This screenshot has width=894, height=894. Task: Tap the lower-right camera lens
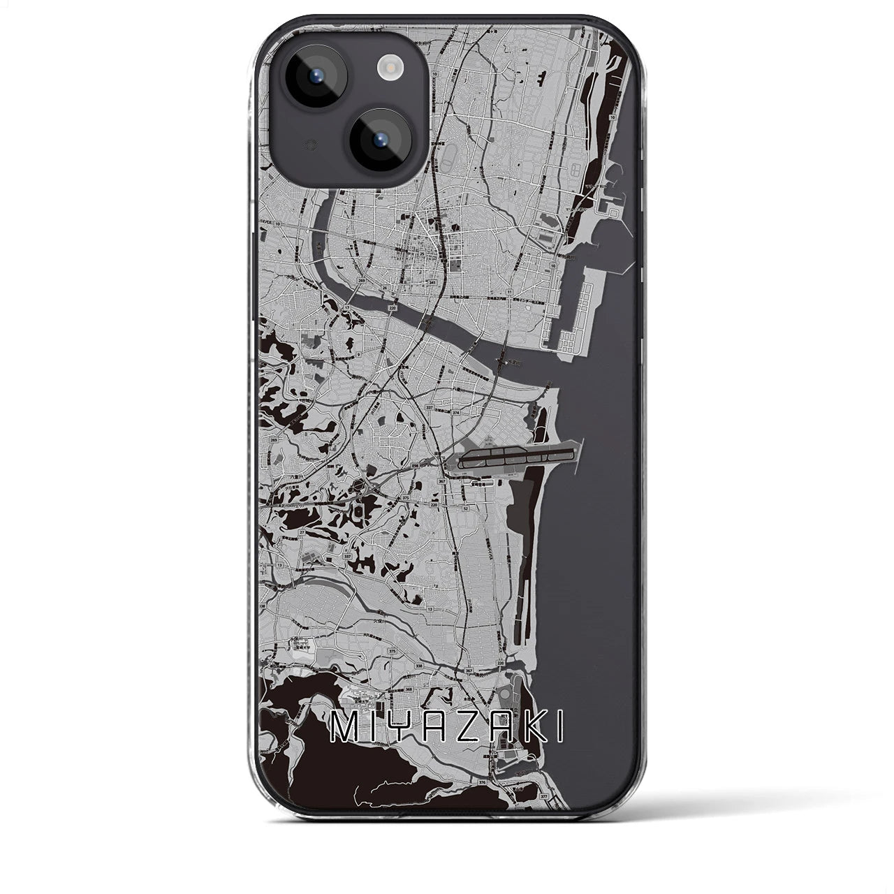point(382,139)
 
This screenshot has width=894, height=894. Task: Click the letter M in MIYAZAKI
point(343,728)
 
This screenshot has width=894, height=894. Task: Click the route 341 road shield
point(433,283)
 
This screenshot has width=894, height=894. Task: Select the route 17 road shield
point(346,307)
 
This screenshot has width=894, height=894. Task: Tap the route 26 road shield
point(384,287)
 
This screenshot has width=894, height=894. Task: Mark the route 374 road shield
point(455,413)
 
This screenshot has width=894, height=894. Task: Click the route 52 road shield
point(465,508)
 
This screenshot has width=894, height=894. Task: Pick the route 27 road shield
point(302,532)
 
